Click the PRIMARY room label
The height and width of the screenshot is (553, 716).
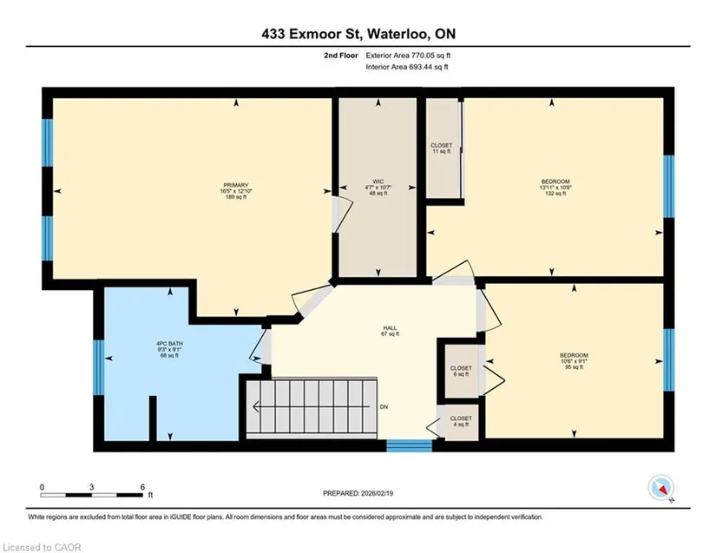[x=236, y=185]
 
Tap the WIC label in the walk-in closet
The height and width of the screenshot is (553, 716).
[x=378, y=181]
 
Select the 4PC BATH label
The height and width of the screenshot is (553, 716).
[x=169, y=344]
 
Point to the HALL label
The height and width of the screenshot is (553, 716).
[x=390, y=328]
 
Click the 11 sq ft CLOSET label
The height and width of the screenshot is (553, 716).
[x=442, y=145]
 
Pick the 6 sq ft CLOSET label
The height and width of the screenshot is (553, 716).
[x=461, y=368]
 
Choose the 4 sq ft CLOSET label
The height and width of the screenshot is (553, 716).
[x=461, y=418]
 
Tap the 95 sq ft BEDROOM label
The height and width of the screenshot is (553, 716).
[x=574, y=355]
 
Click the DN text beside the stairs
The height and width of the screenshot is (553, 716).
[x=384, y=407]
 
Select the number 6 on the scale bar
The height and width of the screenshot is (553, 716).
[x=142, y=487]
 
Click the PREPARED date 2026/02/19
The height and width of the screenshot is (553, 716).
[x=378, y=493]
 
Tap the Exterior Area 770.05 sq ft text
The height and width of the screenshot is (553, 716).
[x=408, y=56]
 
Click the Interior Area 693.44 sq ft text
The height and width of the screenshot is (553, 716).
[x=407, y=67]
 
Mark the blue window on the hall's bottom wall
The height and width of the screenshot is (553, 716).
[x=409, y=445]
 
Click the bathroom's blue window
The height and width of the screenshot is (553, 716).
[x=99, y=367]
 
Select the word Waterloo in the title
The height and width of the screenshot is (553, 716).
[x=397, y=34]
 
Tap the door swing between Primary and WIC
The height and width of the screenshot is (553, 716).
[x=342, y=214]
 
